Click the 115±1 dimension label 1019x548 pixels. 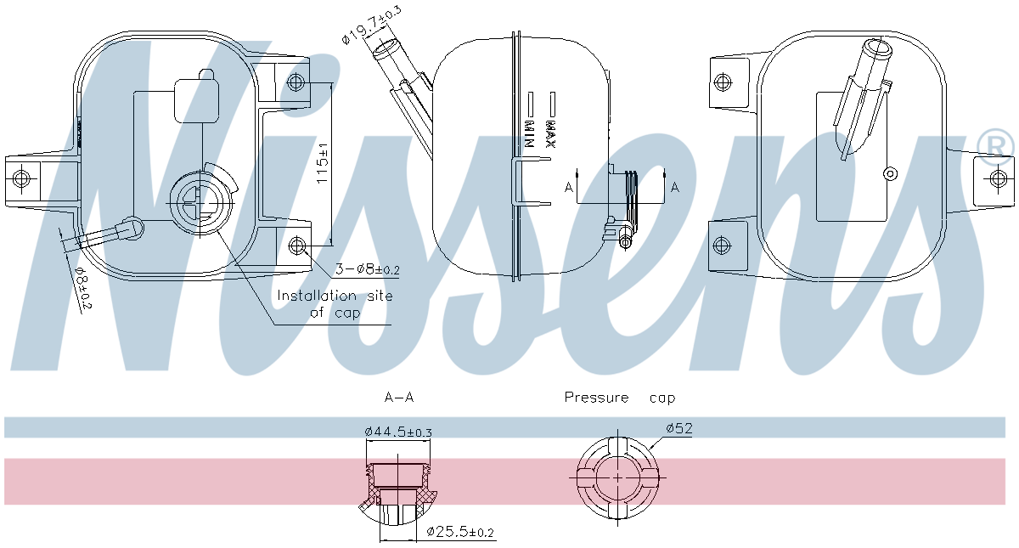(x=322, y=163)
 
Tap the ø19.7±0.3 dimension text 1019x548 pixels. (x=371, y=25)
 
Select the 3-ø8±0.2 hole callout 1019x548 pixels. (x=368, y=269)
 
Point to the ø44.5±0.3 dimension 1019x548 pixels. (x=398, y=431)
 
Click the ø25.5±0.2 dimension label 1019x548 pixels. (x=460, y=531)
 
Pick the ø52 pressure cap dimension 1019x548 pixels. (x=679, y=428)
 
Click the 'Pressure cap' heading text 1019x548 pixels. (x=620, y=398)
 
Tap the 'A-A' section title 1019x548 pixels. (x=399, y=398)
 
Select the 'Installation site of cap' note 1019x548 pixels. (x=335, y=304)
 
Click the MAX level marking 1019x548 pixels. (x=551, y=134)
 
